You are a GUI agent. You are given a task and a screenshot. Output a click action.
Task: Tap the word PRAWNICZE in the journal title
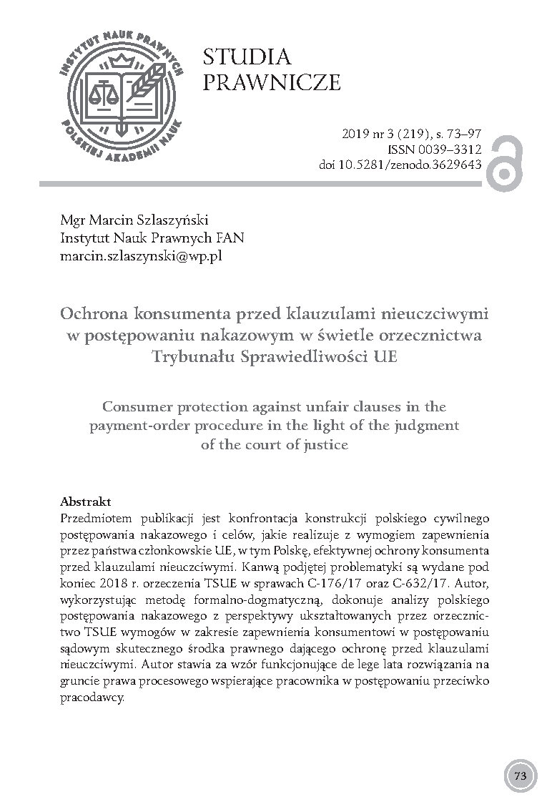click(272, 83)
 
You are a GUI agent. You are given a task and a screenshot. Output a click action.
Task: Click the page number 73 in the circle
click(520, 776)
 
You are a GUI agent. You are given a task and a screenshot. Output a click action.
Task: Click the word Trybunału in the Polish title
click(195, 356)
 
